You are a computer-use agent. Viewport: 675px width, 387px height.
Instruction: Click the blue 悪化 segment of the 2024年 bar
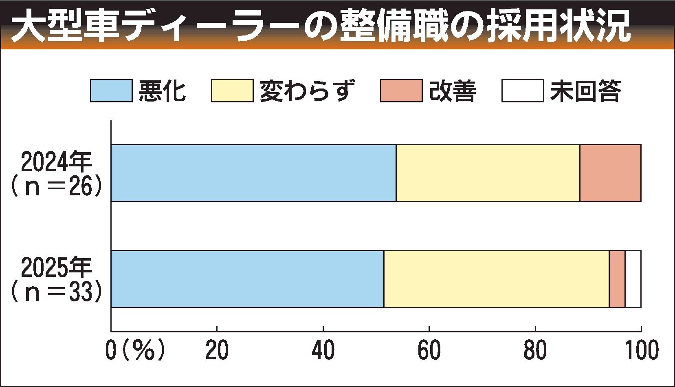coord(253,173)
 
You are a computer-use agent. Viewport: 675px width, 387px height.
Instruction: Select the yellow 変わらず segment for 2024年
coord(488,173)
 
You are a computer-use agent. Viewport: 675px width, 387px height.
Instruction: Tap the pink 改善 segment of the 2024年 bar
coord(610,173)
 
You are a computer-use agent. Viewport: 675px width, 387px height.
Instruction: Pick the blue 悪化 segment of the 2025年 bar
coord(247,279)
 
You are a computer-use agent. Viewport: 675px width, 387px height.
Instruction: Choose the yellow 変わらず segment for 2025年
coord(496,279)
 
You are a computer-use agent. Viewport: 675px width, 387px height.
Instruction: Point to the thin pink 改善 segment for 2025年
coord(617,279)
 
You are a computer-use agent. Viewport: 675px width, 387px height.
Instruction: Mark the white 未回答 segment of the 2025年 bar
coord(633,279)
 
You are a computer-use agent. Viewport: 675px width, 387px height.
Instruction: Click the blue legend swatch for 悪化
coord(111,91)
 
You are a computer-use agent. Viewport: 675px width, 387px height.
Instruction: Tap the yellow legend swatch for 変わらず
coord(232,91)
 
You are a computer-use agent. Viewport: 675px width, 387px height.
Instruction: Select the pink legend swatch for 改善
coord(401,91)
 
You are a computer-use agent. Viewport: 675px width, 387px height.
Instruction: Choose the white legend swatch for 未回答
coord(522,91)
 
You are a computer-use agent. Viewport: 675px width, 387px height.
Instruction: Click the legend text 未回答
coord(585,91)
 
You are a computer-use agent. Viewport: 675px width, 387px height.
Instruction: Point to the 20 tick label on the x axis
coord(217,351)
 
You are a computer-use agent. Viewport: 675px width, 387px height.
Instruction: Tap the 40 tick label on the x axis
coord(323,351)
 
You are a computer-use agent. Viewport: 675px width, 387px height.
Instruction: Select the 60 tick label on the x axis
coord(429,351)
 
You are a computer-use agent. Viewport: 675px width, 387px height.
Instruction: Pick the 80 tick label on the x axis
coord(535,351)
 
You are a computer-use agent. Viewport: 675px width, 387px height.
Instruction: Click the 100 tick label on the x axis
coord(641,351)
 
